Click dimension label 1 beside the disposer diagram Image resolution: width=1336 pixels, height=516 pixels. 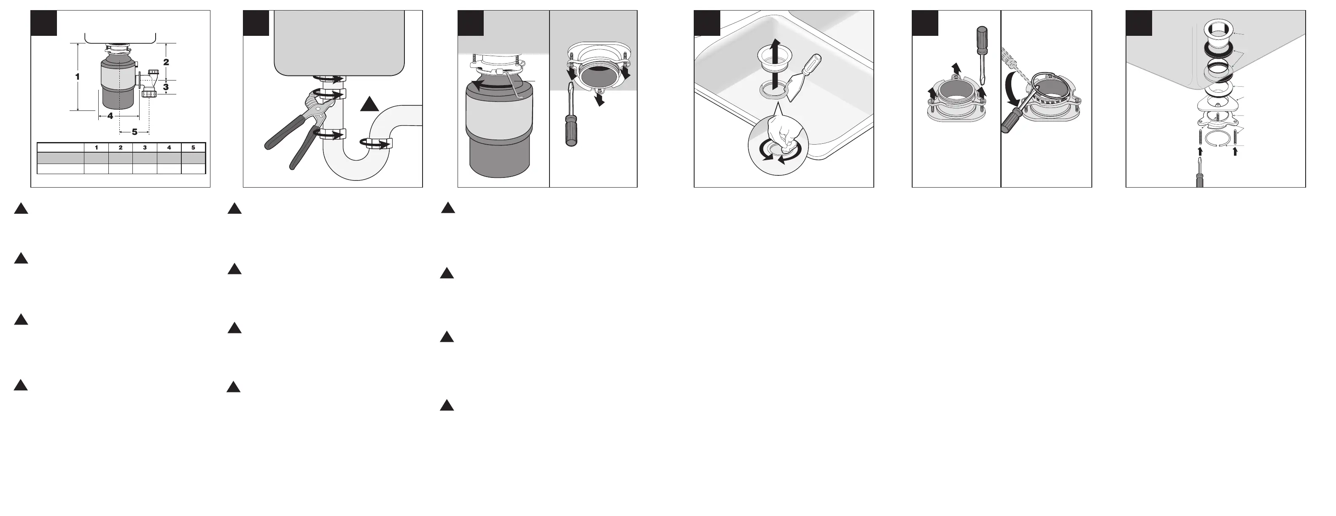[78, 77]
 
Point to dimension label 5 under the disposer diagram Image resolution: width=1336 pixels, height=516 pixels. [135, 132]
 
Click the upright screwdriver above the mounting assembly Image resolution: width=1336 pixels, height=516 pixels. [982, 54]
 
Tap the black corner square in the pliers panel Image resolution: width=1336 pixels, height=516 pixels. [256, 23]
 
